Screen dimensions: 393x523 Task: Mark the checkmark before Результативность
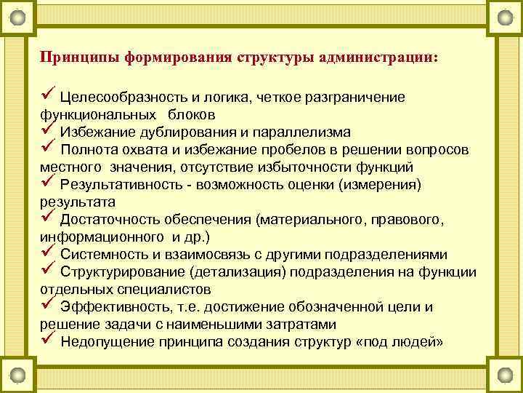pos(48,183)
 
